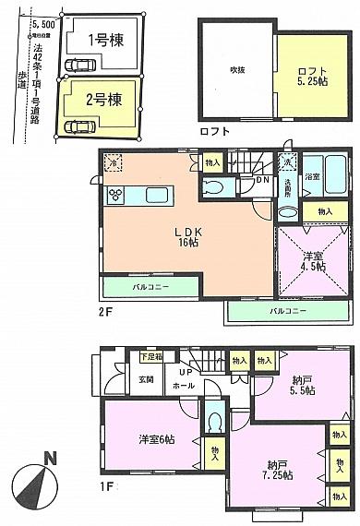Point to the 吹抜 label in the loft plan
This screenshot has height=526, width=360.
[x=236, y=69]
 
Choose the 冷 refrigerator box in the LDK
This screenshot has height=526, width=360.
[x=113, y=161]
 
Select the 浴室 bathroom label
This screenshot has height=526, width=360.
[x=312, y=175]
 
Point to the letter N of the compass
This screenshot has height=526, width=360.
[x=53, y=457]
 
